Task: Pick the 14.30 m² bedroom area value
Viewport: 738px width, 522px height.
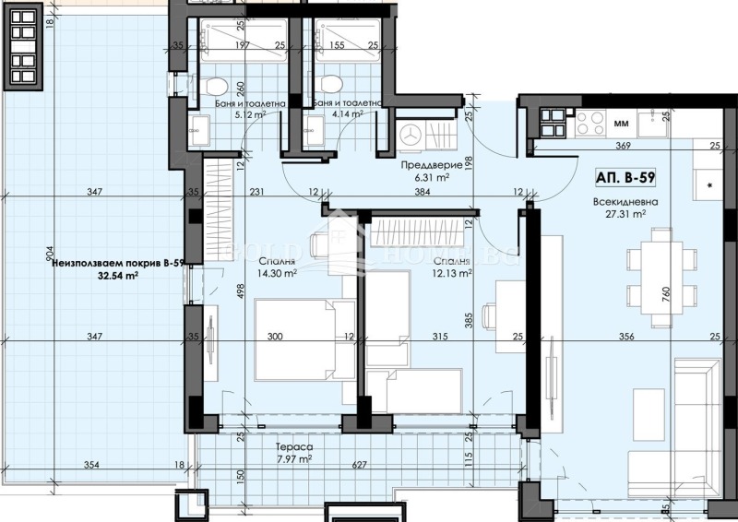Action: click(277, 273)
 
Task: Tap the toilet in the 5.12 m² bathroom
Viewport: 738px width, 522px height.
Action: click(215, 89)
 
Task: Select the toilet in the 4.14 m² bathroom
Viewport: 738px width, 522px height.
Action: click(329, 89)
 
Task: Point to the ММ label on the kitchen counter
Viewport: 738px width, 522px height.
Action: click(621, 119)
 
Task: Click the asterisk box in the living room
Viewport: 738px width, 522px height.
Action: click(709, 185)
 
